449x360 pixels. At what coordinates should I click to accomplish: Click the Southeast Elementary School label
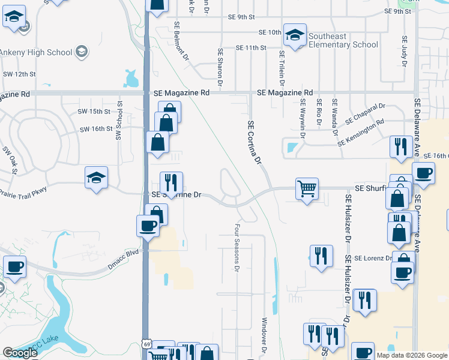click(x=343, y=40)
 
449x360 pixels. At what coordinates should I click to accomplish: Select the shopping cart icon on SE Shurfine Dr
click(x=307, y=188)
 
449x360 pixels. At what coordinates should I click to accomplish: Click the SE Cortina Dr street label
click(x=255, y=142)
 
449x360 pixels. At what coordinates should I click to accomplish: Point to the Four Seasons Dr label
click(x=237, y=247)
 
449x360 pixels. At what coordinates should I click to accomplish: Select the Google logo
click(x=20, y=353)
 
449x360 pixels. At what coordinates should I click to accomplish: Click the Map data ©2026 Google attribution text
click(x=412, y=355)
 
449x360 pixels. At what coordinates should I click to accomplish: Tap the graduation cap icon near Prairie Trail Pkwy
click(x=96, y=178)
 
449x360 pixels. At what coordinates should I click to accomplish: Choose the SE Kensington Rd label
click(x=360, y=134)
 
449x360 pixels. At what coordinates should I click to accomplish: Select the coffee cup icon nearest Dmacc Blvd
click(x=148, y=226)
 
